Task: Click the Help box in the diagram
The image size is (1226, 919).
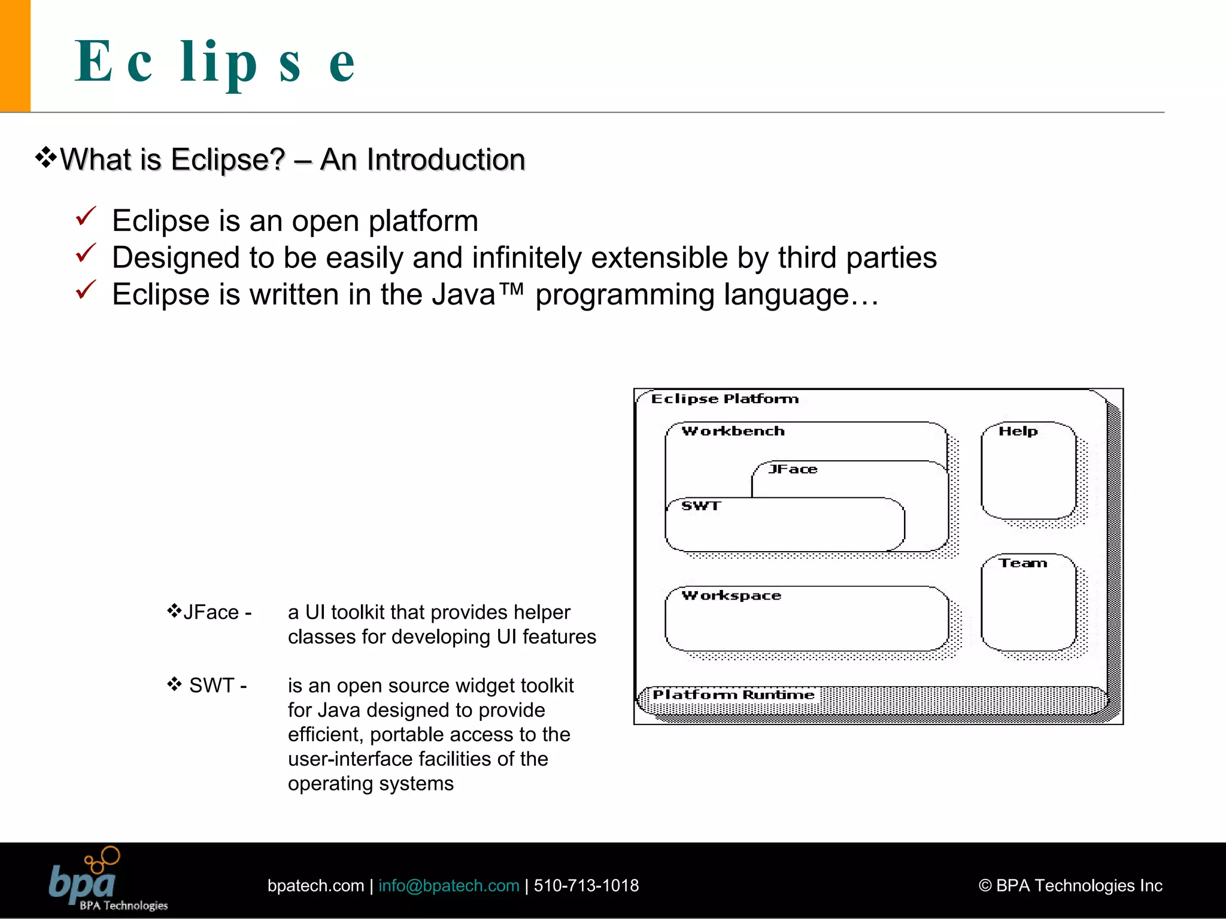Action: (x=1028, y=471)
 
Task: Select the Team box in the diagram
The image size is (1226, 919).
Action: (x=1028, y=603)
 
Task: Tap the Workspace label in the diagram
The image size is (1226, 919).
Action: (x=732, y=595)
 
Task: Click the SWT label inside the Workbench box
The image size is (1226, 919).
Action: (x=701, y=506)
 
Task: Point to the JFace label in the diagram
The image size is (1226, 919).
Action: (x=793, y=469)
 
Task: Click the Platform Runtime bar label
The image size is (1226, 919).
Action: (x=733, y=695)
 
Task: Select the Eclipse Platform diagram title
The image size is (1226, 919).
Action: (x=725, y=399)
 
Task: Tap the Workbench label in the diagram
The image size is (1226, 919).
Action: (x=733, y=431)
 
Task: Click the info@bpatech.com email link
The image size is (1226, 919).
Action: (x=448, y=885)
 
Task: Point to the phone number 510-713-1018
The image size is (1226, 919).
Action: (x=586, y=885)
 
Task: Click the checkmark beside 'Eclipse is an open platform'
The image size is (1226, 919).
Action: (x=86, y=217)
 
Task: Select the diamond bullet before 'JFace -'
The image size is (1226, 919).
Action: (x=174, y=611)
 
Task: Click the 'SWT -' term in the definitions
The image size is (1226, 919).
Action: (x=217, y=685)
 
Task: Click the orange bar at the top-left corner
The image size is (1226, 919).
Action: (x=15, y=55)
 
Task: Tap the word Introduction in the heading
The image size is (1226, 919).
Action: (x=445, y=160)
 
